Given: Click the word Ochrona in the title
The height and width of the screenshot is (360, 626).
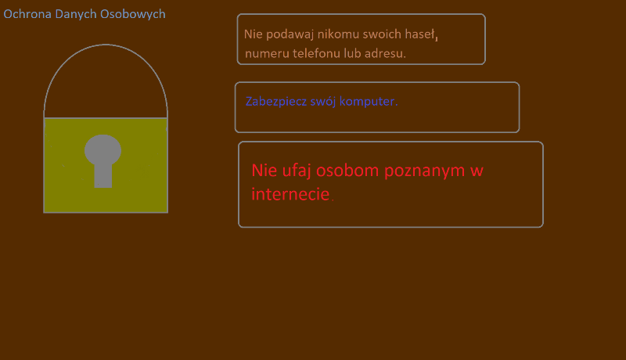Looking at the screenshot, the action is click(27, 14).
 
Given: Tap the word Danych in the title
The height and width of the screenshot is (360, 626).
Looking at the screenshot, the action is click(76, 15).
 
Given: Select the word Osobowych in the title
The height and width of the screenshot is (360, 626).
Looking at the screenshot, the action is click(132, 15).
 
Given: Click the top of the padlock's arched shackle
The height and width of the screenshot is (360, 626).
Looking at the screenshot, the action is click(106, 45).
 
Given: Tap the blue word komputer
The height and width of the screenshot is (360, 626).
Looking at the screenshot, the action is click(368, 102).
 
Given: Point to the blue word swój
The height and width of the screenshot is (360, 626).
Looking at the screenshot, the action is click(323, 102).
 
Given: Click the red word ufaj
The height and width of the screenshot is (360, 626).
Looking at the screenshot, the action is click(297, 171).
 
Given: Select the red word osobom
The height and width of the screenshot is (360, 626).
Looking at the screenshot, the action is click(347, 171).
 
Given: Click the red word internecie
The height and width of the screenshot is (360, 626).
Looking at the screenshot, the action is click(290, 194).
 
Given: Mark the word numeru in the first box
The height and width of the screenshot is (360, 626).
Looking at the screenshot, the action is click(267, 54).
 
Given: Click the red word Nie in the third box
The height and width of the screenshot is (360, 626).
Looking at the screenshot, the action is click(264, 171).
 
